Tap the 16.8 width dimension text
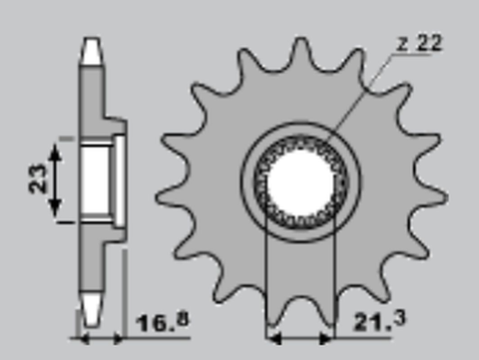coord(161,322)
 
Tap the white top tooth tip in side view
coord(91,48)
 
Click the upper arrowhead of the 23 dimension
coord(57,145)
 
